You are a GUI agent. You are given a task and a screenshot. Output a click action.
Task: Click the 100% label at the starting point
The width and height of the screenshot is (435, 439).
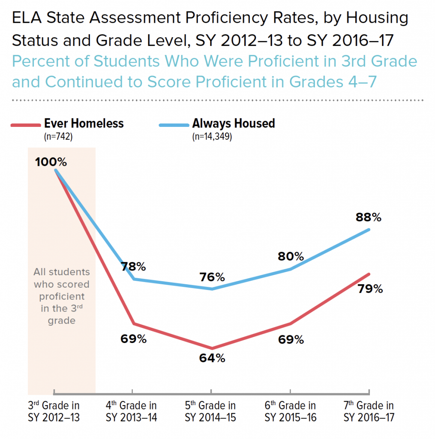51,162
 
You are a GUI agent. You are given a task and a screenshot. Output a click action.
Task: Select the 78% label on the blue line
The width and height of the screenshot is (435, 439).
133,267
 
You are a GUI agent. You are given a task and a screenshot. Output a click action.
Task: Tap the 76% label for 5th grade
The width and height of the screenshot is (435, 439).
212,277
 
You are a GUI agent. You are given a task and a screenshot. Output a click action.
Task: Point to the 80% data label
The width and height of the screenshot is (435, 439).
291,257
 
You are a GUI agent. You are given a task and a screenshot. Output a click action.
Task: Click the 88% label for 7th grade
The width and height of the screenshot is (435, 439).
369,217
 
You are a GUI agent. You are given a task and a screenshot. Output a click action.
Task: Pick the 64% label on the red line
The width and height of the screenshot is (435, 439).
212,358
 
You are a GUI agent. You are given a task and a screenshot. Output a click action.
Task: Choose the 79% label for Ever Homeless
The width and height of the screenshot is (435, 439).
370,289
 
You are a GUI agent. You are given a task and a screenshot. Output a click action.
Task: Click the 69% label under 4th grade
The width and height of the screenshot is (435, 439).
133,339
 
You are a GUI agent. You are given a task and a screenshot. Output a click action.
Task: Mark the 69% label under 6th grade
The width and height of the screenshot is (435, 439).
291,340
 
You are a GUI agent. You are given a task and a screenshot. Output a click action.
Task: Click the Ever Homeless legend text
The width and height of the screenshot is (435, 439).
84,124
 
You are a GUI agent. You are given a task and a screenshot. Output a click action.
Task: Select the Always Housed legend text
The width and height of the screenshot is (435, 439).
234,124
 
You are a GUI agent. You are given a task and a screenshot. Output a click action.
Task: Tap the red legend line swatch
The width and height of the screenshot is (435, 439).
26,125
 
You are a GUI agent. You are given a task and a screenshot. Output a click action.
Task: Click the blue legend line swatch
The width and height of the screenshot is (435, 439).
174,125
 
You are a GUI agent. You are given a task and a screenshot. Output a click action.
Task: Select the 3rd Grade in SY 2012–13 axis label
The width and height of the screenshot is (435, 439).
54,411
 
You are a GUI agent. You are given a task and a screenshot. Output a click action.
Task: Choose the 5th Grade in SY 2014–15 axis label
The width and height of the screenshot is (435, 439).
210,411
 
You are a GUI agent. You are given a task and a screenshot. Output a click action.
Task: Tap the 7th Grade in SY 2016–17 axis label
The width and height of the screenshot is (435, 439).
369,411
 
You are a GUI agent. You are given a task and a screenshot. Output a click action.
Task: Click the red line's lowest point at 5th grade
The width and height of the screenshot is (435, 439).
211,348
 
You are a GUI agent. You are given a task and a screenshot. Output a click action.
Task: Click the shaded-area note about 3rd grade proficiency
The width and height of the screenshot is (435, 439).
62,296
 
